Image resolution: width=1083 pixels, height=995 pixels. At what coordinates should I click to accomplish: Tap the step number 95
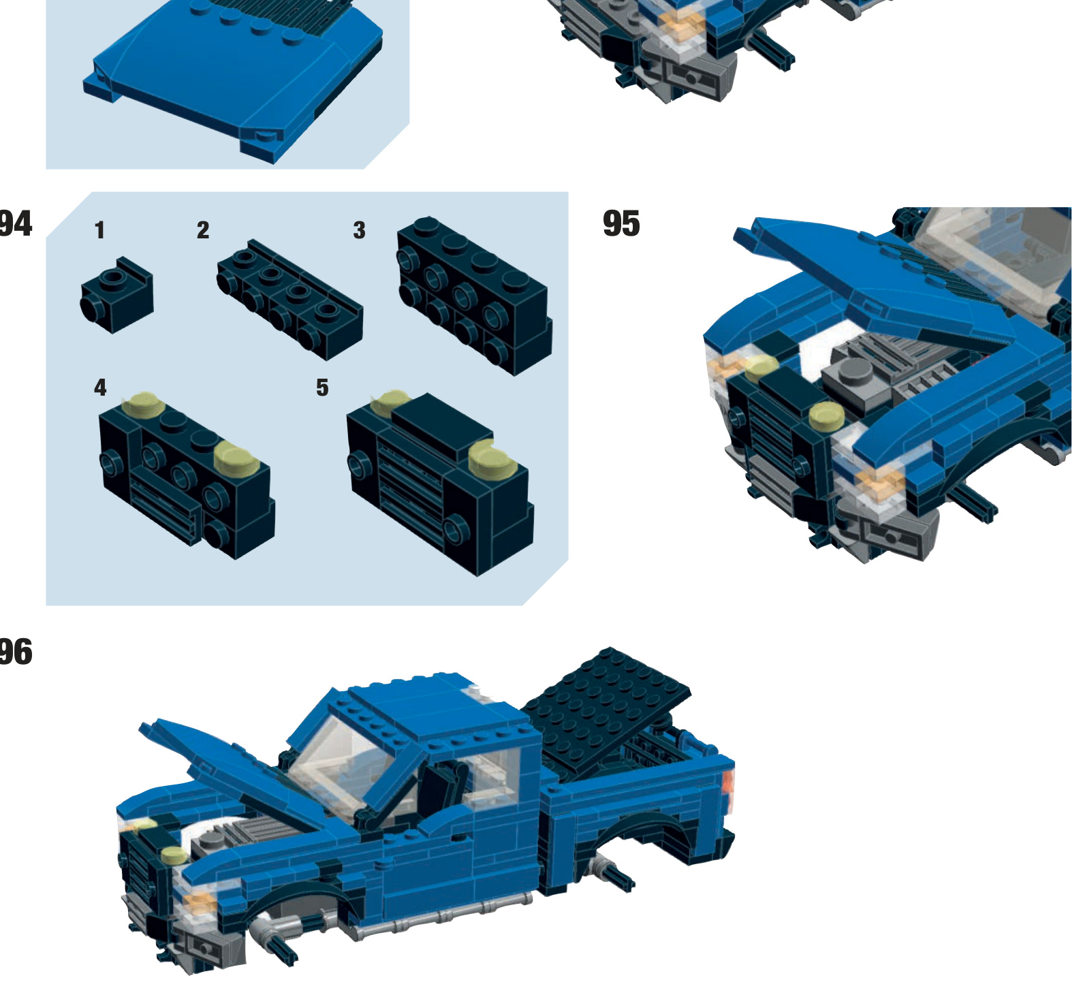(x=621, y=224)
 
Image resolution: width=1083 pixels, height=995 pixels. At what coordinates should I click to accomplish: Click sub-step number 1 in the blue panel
(x=100, y=230)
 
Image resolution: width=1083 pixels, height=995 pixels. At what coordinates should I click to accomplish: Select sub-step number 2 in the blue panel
(x=203, y=230)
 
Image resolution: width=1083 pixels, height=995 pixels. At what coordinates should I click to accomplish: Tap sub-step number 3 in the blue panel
(x=359, y=230)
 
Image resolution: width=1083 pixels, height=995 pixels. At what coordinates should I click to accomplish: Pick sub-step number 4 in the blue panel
(x=100, y=388)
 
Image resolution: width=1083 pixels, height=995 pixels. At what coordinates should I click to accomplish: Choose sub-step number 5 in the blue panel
(x=322, y=388)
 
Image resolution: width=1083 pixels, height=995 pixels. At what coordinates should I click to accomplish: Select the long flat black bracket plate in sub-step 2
(x=289, y=300)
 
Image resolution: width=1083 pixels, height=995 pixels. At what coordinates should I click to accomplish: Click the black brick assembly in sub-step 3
(x=473, y=296)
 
